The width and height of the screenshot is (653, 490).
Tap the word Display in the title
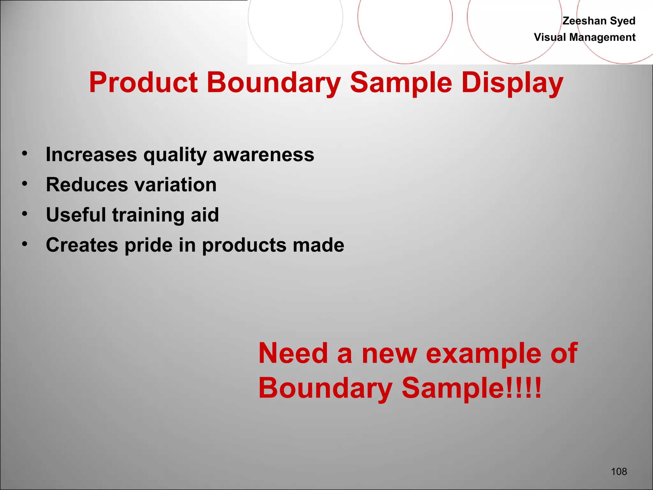click(512, 83)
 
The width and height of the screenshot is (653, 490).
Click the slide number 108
click(619, 471)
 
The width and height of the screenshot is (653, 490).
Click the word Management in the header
click(602, 37)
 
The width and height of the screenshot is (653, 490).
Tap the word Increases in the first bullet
click(91, 154)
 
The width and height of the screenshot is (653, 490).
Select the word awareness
click(263, 154)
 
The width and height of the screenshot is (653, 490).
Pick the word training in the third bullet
click(149, 215)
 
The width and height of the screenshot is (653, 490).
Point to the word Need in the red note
click(293, 353)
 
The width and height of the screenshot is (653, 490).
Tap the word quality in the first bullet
click(175, 155)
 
